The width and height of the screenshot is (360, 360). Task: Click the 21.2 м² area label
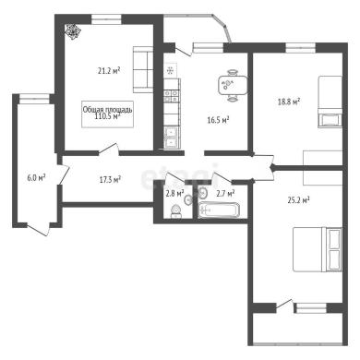pyautogui.click(x=109, y=71)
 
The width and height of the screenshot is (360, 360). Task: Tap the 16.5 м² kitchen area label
pyautogui.click(x=218, y=120)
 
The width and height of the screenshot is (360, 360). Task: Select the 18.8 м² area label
pyautogui.click(x=289, y=102)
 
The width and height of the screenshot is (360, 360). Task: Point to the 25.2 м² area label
pyautogui.click(x=298, y=200)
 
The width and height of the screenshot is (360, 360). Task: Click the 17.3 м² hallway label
pyautogui.click(x=110, y=179)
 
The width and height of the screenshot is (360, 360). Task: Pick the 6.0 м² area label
pyautogui.click(x=36, y=178)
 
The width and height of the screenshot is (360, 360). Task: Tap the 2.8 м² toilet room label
pyautogui.click(x=174, y=194)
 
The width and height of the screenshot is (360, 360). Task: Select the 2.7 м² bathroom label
pyautogui.click(x=225, y=193)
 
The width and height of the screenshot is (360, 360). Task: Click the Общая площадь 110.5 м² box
pyautogui.click(x=107, y=114)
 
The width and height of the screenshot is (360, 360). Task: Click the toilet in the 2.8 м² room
pyautogui.click(x=175, y=211)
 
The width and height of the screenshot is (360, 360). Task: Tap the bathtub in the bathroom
pyautogui.click(x=219, y=210)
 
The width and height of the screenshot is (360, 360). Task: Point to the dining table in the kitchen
pyautogui.click(x=233, y=86)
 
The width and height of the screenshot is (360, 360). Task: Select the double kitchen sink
pyautogui.click(x=170, y=138)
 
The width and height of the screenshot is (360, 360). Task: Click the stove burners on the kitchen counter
pyautogui.click(x=171, y=95)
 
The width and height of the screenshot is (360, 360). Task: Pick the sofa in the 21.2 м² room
pyautogui.click(x=143, y=69)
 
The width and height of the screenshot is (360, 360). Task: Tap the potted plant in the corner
pyautogui.click(x=73, y=31)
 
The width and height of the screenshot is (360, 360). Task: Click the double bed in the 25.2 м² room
pyautogui.click(x=318, y=249)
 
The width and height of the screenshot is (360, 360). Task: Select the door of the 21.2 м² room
pyautogui.click(x=109, y=149)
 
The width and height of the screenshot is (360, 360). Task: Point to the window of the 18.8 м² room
pyautogui.click(x=301, y=48)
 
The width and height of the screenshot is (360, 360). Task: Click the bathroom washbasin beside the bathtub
pyautogui.click(x=202, y=193)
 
